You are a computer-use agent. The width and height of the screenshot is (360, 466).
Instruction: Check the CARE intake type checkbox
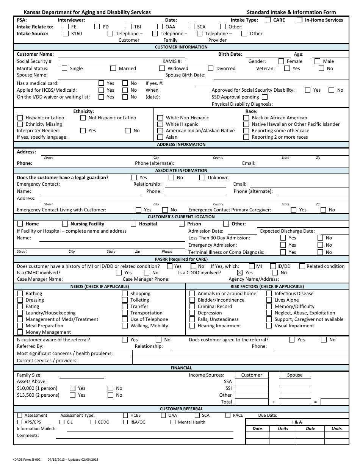(x=268, y=20)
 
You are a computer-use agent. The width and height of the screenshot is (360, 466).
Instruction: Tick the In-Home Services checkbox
(x=299, y=20)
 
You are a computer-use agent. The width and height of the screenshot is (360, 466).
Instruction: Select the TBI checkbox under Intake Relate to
(x=128, y=27)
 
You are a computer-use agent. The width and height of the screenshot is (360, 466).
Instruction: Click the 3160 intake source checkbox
(x=65, y=34)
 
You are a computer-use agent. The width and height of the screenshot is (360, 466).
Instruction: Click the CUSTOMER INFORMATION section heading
(x=181, y=47)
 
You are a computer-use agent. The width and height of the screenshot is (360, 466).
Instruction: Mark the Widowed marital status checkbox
(x=162, y=69)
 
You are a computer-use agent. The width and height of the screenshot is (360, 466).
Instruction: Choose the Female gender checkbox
(x=281, y=61)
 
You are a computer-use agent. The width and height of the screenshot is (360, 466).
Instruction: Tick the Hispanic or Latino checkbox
(x=20, y=118)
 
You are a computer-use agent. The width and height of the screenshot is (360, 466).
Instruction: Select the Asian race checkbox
(x=160, y=137)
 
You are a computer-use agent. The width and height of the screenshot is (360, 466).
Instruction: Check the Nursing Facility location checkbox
(x=65, y=224)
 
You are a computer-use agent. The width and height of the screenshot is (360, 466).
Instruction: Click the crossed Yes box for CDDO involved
(x=239, y=273)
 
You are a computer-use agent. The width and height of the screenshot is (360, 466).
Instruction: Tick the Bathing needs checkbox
(x=20, y=294)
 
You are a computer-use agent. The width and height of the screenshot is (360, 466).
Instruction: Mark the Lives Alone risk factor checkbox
(x=269, y=300)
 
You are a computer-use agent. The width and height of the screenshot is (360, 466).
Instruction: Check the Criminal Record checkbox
(x=192, y=306)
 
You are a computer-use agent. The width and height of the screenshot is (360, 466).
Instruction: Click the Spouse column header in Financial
(x=294, y=375)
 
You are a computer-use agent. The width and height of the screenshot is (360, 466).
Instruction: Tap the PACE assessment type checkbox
(x=228, y=416)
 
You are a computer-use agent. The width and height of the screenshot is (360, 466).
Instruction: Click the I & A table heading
(x=297, y=422)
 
